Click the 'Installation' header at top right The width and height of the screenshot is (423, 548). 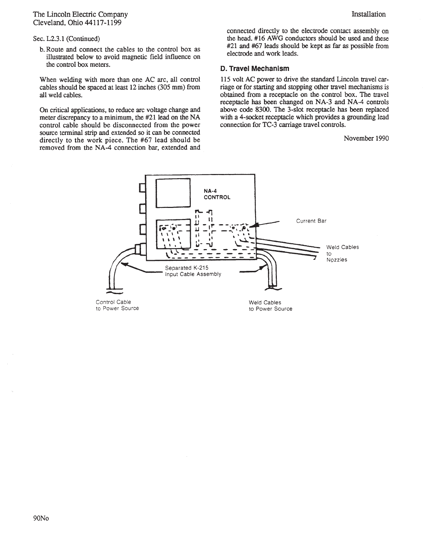368,14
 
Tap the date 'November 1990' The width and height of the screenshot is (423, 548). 366,138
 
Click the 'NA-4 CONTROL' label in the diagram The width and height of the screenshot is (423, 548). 216,194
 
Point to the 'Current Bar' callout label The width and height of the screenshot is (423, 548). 311,221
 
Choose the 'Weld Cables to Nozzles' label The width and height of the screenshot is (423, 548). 342,253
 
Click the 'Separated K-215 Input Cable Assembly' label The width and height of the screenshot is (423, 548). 193,271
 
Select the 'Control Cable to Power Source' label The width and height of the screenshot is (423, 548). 117,305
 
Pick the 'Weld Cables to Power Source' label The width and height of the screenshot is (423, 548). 270,305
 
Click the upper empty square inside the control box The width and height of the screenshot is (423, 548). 173,192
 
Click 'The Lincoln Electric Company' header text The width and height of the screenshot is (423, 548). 80,15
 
